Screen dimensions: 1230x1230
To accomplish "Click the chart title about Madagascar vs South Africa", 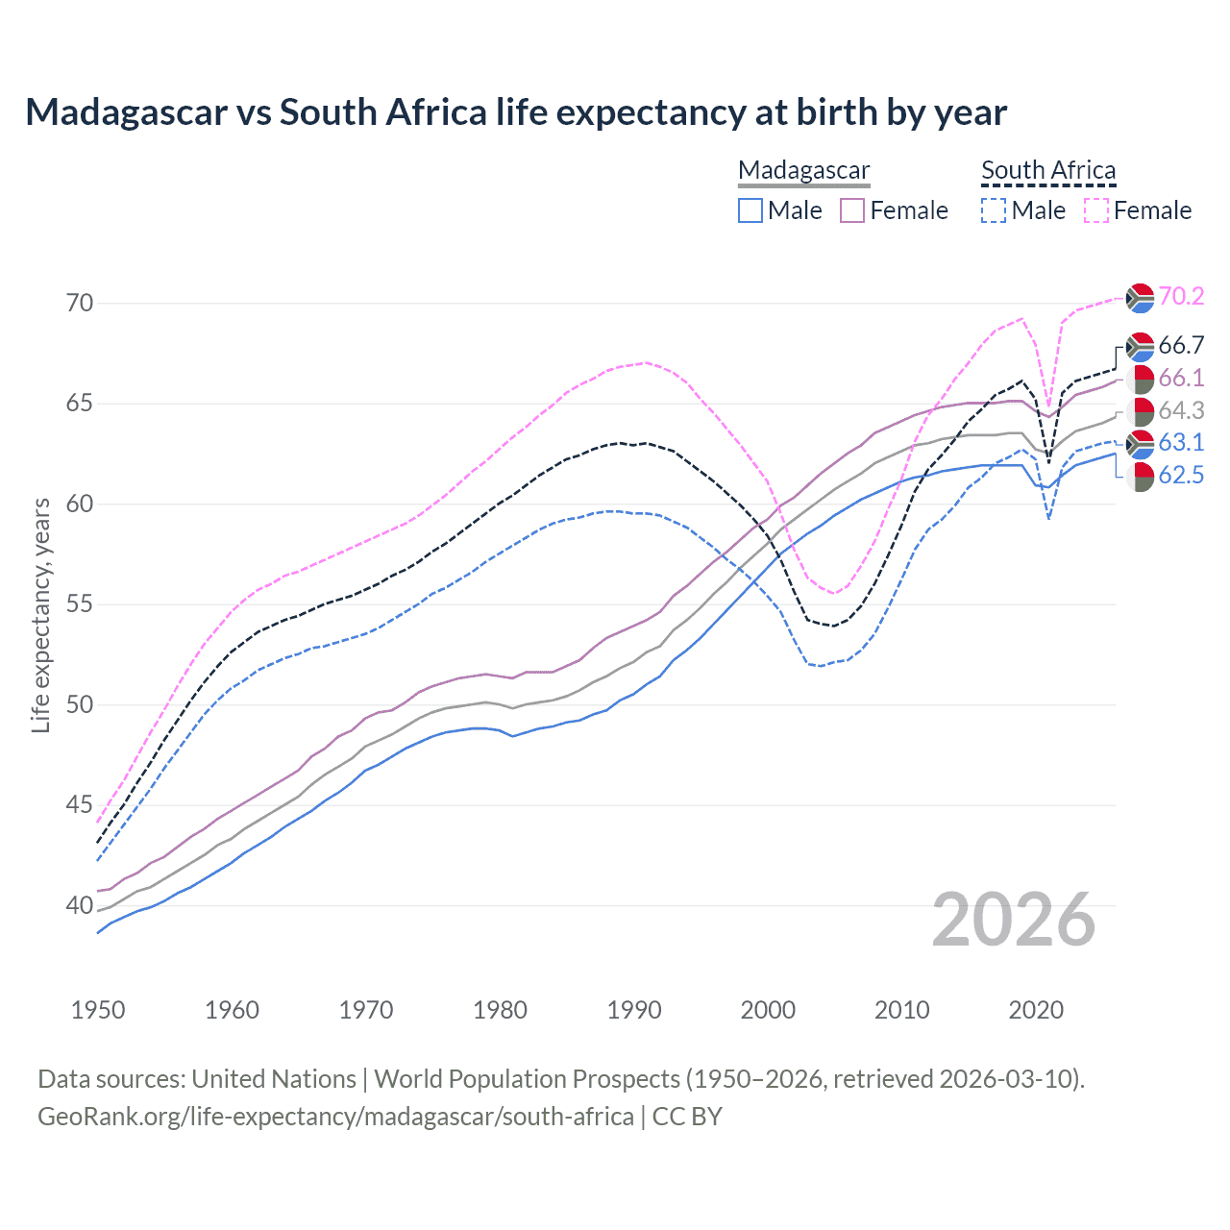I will coord(516,112).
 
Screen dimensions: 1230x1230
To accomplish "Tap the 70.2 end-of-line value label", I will coord(1181,296).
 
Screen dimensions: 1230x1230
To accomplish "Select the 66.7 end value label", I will coord(1181,345).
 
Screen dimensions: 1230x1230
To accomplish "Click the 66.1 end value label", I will coord(1181,378).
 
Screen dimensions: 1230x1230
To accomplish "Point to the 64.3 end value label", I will coord(1181,410).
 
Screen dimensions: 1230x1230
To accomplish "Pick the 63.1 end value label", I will coord(1181,442).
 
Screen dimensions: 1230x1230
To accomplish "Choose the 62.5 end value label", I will coord(1181,475).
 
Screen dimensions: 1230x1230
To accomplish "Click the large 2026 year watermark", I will coord(1013,920).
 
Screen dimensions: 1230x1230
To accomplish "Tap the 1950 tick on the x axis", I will coord(98,1010).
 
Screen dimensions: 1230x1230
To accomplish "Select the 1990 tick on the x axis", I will coord(634,1010).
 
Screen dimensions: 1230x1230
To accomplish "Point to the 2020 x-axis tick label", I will coord(1036,1010).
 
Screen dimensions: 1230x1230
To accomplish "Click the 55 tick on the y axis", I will coord(80,604).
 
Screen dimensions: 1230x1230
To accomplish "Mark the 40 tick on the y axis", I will coord(80,905).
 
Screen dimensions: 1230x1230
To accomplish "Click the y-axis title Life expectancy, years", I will coord(41,615).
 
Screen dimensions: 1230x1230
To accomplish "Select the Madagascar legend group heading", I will coord(803,170).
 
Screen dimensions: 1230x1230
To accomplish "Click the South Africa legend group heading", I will coord(1048,170).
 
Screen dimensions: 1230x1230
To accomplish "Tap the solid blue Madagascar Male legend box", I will coord(750,210).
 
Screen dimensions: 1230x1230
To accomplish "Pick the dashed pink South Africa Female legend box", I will coord(1096,210).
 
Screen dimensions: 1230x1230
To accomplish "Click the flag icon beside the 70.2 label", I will coord(1140,298).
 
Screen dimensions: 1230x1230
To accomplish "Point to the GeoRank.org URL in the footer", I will coord(335,1117).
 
